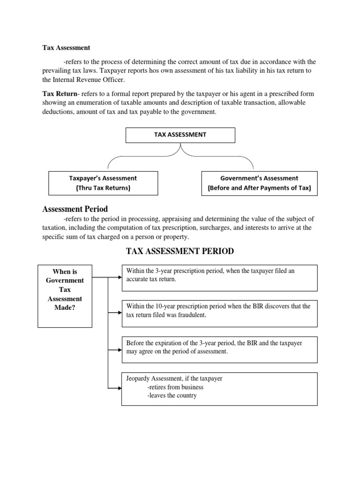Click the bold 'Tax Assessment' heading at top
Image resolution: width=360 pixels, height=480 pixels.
pyautogui.click(x=66, y=48)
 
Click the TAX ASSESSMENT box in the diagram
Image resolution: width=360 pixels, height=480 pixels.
pyautogui.click(x=180, y=135)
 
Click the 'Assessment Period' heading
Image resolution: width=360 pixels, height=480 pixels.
pyautogui.click(x=75, y=209)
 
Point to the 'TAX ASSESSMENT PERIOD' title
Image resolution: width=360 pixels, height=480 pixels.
pyautogui.click(x=180, y=252)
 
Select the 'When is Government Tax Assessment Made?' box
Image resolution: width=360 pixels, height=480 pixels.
pyautogui.click(x=65, y=295)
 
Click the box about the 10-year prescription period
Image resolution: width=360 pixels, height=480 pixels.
pyautogui.click(x=219, y=311)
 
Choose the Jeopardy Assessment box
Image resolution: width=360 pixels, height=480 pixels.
pyautogui.click(x=219, y=389)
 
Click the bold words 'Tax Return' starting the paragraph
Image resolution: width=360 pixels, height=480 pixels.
pyautogui.click(x=60, y=93)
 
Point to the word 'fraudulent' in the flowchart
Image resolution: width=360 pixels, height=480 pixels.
pyautogui.click(x=190, y=315)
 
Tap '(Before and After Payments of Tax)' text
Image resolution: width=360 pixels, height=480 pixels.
pyautogui.click(x=259, y=188)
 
